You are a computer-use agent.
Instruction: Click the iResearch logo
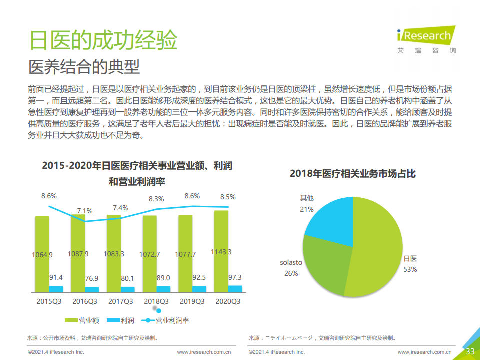tap(426, 38)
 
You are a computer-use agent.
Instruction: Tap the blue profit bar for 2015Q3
tap(56, 289)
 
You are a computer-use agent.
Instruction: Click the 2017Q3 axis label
tap(120, 301)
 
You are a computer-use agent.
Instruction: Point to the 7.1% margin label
tap(85, 211)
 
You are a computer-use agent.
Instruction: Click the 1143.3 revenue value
tap(221, 252)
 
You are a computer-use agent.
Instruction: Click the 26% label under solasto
tap(291, 273)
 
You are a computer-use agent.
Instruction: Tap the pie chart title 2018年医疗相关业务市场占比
tap(352, 174)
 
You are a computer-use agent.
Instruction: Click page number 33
tap(470, 351)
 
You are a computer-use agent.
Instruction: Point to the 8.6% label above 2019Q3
tap(192, 196)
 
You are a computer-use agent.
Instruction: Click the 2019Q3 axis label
tap(192, 301)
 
